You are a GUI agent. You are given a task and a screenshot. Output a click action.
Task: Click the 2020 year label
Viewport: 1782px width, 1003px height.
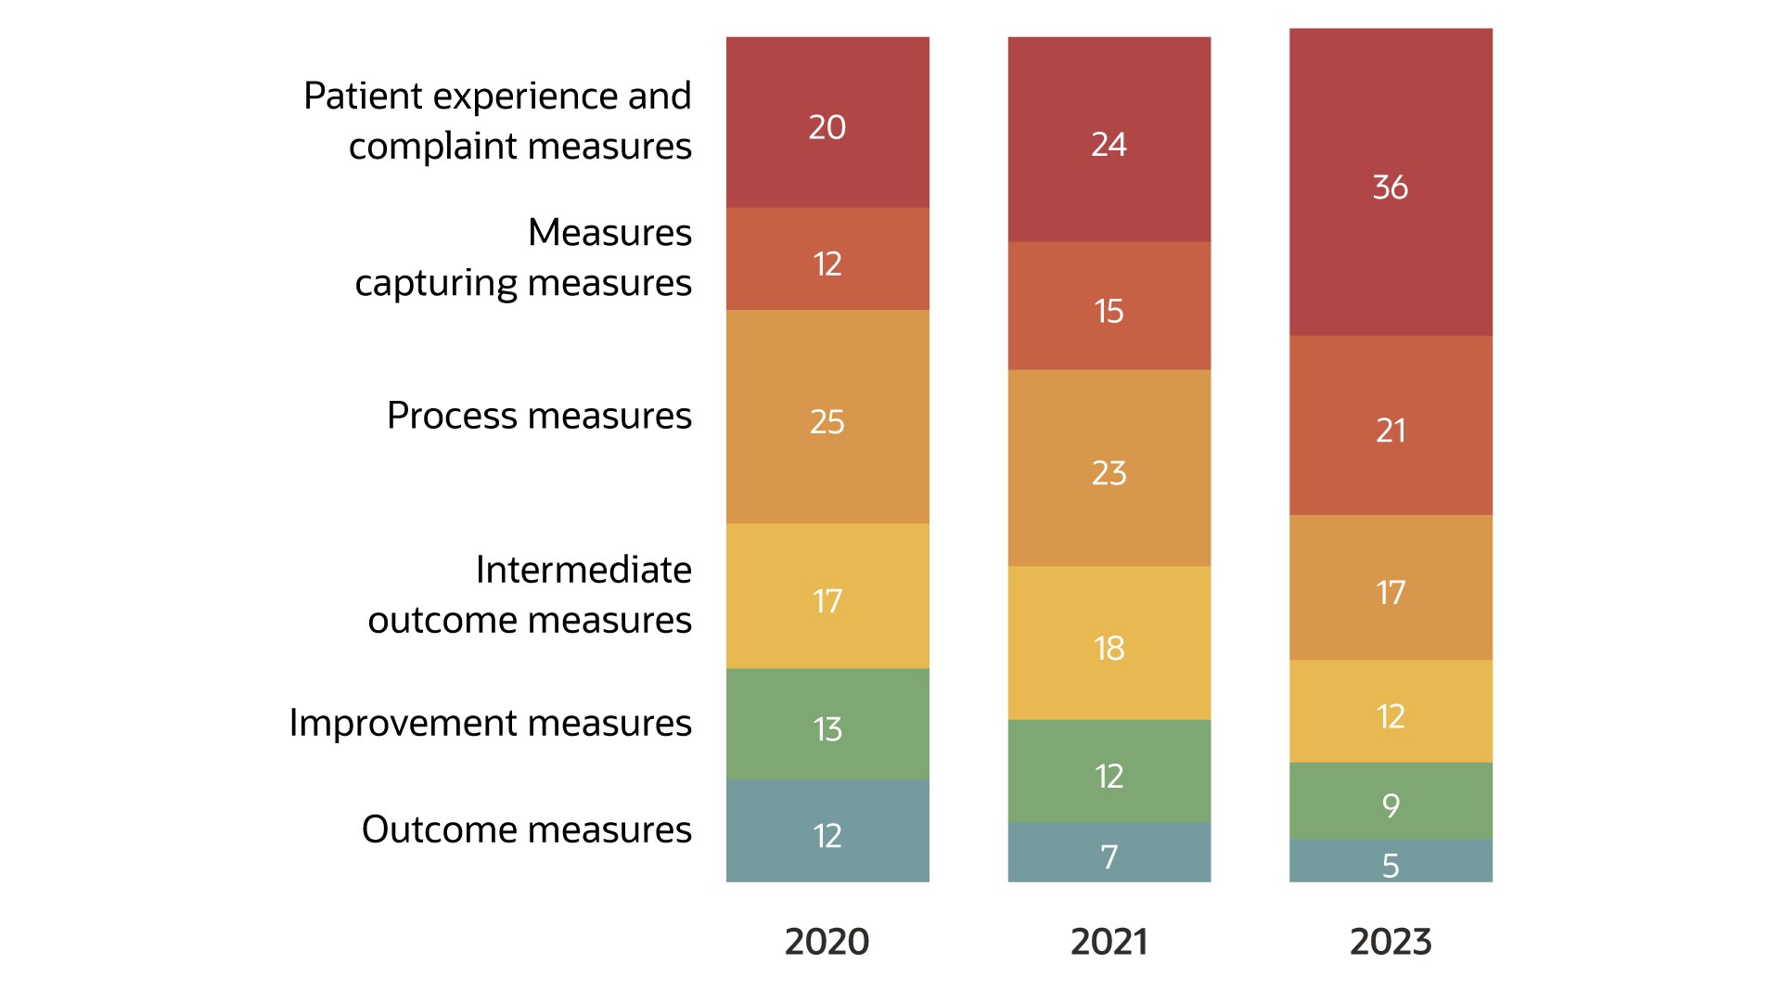[827, 942]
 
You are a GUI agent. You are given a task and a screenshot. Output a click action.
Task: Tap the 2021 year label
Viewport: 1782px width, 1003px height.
[1109, 942]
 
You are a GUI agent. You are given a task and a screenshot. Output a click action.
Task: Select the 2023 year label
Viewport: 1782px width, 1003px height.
[1391, 942]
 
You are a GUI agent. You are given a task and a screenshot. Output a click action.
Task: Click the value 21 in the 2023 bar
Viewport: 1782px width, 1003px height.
[1391, 431]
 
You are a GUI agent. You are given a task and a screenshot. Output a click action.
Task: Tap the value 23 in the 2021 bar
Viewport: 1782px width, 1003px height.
[1109, 473]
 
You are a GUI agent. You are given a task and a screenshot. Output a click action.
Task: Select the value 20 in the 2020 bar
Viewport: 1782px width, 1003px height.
[827, 127]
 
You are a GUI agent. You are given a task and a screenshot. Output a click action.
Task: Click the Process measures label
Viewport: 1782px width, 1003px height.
[539, 416]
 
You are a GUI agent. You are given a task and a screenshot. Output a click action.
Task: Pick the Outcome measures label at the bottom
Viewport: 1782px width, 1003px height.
[526, 829]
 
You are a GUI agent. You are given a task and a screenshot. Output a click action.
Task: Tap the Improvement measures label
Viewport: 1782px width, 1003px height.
[490, 723]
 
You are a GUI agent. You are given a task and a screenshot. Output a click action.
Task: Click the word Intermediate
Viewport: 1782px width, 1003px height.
[583, 570]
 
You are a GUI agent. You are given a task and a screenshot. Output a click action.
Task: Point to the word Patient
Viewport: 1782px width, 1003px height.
[363, 96]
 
